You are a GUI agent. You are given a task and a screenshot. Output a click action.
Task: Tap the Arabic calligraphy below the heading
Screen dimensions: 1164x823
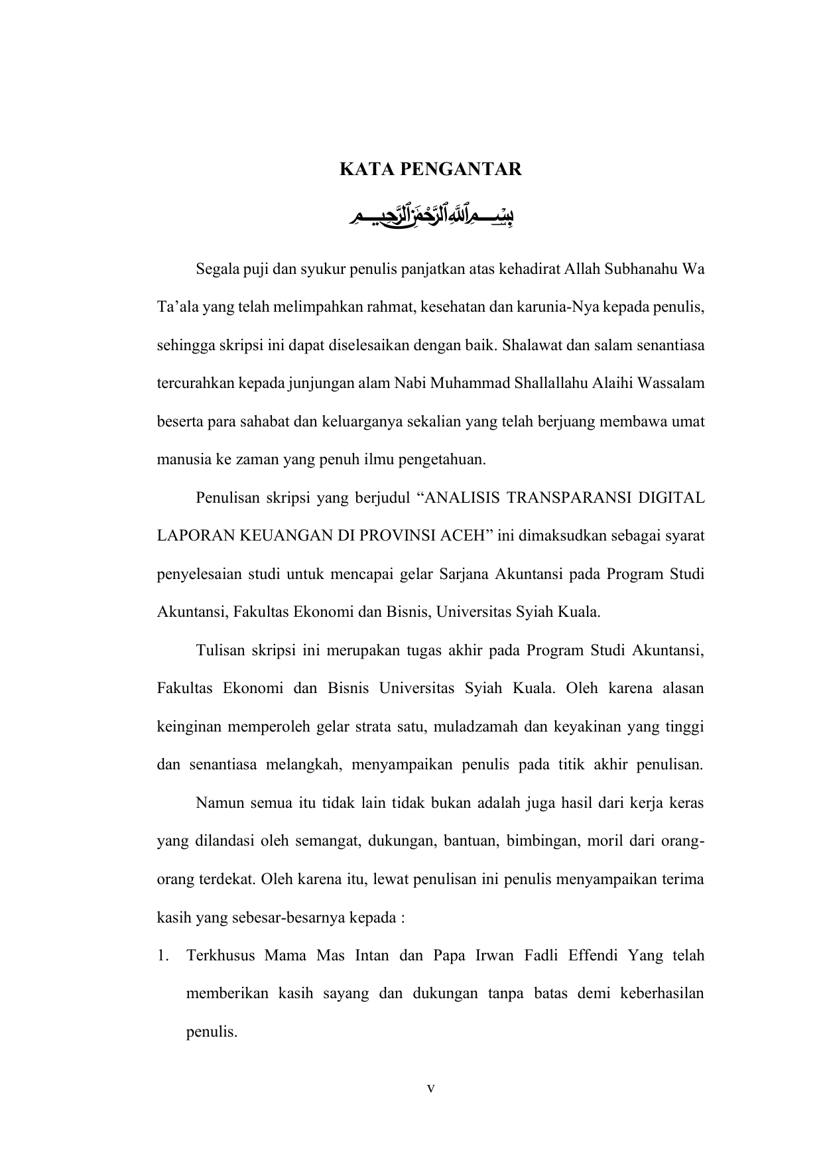(432, 216)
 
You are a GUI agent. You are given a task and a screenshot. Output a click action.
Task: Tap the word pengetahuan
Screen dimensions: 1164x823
(442, 460)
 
